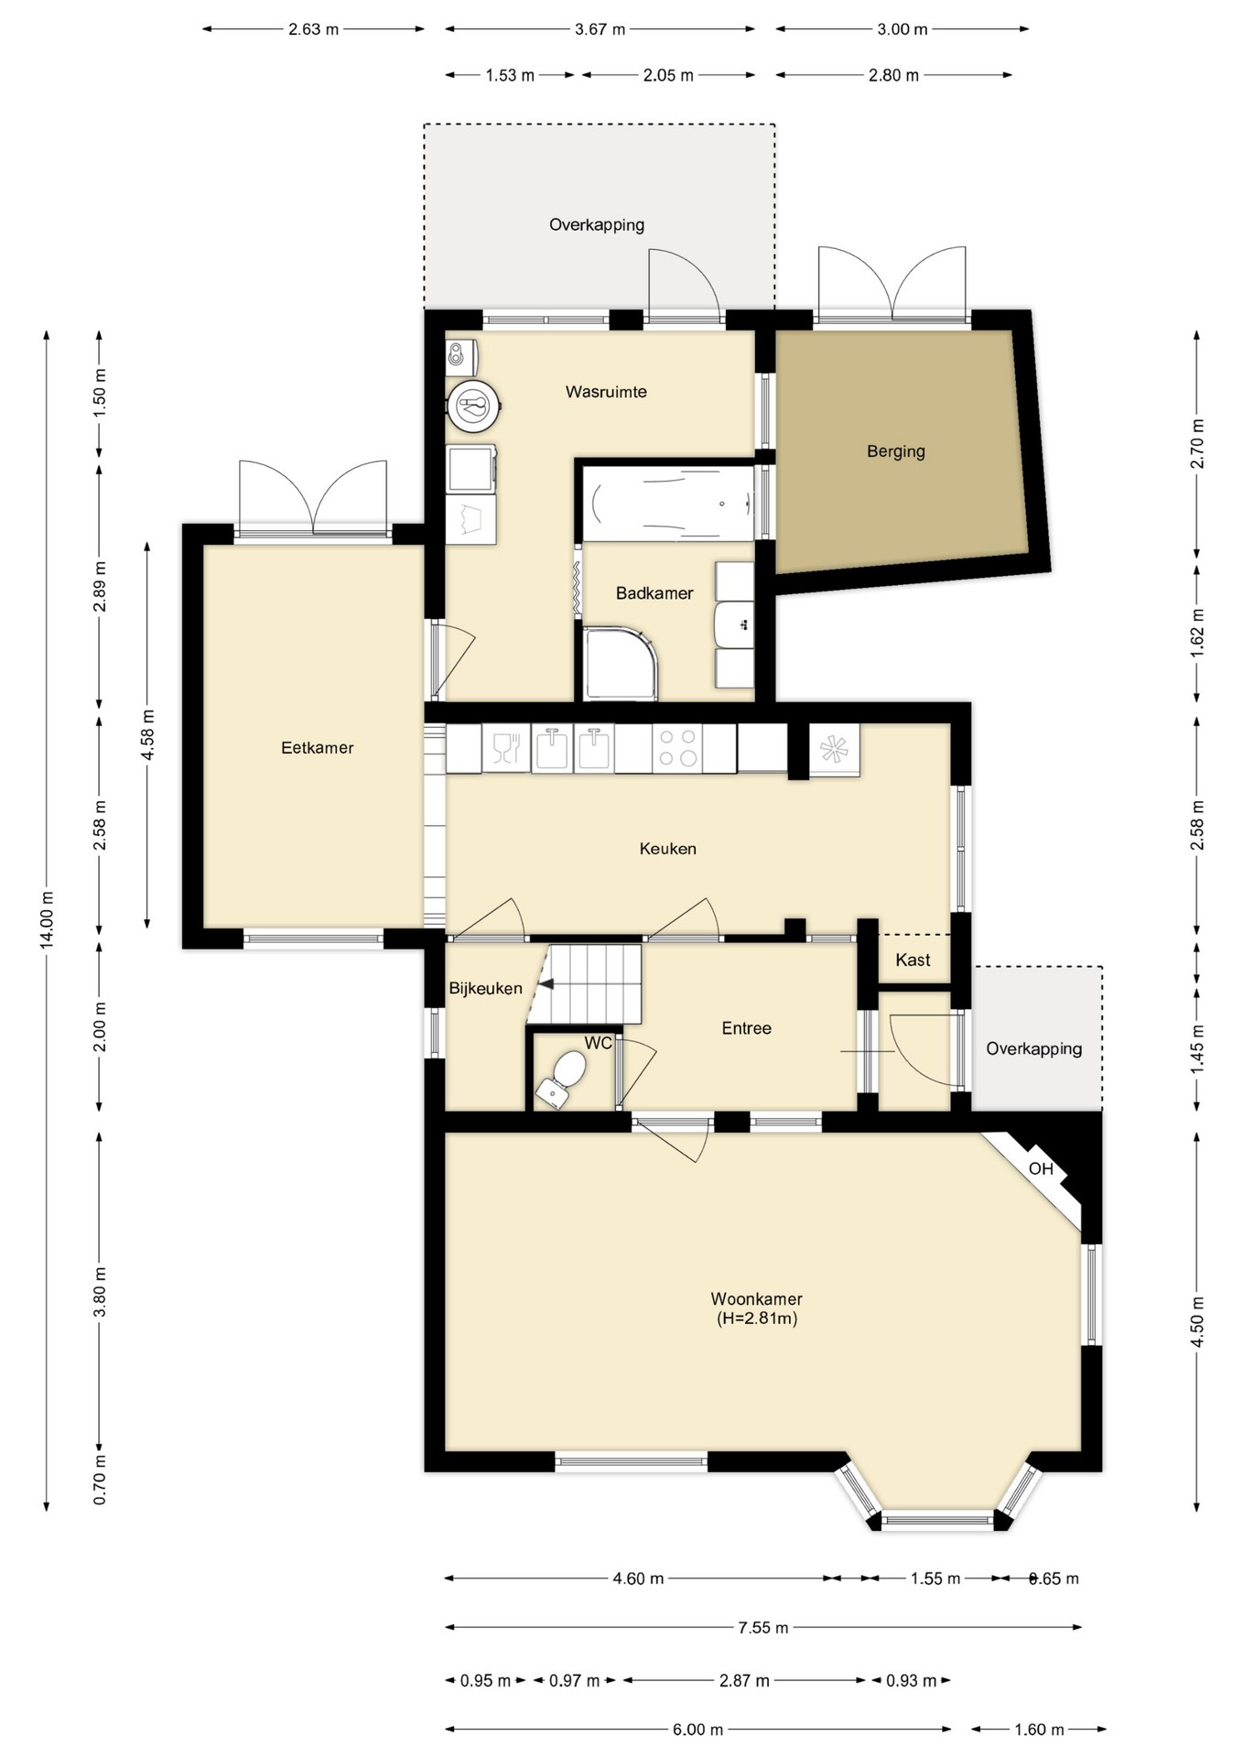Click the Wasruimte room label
click(606, 392)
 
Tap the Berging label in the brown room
click(896, 451)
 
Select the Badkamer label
click(654, 593)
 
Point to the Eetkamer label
click(318, 748)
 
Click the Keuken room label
click(668, 849)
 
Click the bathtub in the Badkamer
click(668, 504)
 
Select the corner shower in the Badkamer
click(621, 663)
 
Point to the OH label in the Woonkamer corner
click(1041, 1169)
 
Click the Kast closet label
click(913, 960)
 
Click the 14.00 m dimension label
click(48, 918)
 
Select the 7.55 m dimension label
click(763, 1627)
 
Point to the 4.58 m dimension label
click(147, 734)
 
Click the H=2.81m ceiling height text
click(757, 1318)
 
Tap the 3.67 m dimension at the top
click(600, 29)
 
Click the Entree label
click(747, 1028)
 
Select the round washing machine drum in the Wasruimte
click(474, 405)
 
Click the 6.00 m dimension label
click(698, 1730)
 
